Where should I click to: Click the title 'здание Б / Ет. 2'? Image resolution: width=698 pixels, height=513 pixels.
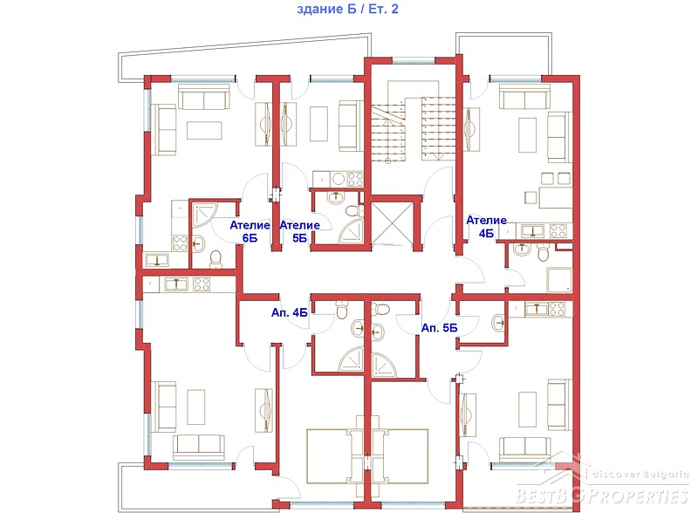click(347, 9)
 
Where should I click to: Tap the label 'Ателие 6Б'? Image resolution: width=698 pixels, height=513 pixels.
click(250, 231)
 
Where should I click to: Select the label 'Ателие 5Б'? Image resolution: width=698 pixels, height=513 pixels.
click(299, 231)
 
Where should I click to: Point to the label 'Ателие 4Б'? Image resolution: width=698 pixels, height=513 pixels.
click(487, 227)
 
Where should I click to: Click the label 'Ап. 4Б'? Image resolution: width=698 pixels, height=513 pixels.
click(290, 312)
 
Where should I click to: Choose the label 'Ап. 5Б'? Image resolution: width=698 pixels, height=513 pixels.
click(440, 328)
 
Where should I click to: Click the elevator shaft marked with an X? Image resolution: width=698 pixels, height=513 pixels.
click(390, 223)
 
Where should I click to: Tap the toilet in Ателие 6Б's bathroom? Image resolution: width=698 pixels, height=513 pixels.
click(216, 259)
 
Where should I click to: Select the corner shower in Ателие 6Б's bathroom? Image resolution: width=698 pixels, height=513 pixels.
click(204, 216)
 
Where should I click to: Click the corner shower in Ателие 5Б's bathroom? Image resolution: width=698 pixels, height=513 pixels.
click(352, 231)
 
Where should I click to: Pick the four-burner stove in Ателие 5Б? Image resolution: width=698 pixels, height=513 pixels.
click(355, 179)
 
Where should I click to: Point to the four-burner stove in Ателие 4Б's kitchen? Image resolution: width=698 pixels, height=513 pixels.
click(558, 230)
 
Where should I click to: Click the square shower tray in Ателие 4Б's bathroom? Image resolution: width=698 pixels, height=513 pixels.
click(559, 280)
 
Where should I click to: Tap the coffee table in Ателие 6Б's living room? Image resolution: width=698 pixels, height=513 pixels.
click(204, 131)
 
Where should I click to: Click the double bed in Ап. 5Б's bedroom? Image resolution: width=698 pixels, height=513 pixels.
click(400, 456)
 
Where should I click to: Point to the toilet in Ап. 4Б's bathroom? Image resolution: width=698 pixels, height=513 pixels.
click(342, 311)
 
